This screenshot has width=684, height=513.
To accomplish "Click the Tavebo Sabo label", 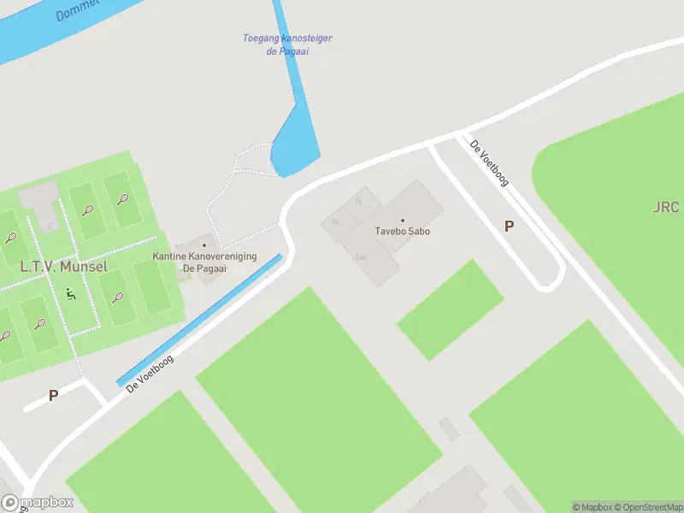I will click(x=402, y=231).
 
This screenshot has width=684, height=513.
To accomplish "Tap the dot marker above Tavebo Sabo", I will click(x=402, y=221).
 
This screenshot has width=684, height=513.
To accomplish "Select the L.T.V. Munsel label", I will click(x=64, y=267).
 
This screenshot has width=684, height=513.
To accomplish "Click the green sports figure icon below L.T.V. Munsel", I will click(x=70, y=294).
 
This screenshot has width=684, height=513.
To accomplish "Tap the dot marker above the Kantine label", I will click(x=203, y=245).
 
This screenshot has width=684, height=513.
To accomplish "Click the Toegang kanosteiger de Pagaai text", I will click(x=287, y=44).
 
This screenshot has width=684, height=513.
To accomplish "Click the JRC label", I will click(x=665, y=208).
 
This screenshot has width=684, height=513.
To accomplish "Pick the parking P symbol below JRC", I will click(x=509, y=227).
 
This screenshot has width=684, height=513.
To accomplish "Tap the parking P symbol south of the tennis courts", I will click(x=53, y=396).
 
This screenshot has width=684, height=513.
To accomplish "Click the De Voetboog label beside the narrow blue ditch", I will click(x=150, y=374).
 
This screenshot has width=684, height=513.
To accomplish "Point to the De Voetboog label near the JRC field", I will click(x=489, y=162).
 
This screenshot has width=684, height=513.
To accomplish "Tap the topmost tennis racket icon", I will click(x=123, y=199).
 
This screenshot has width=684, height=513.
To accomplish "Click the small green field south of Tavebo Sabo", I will click(x=450, y=310).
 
